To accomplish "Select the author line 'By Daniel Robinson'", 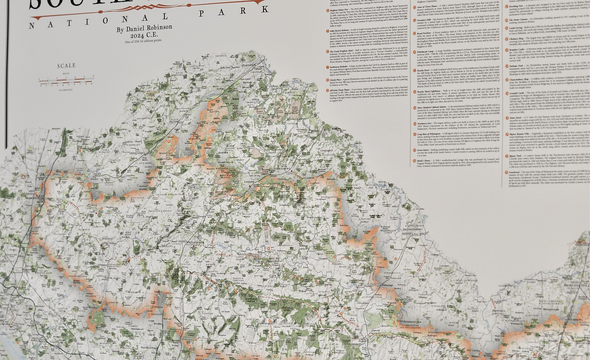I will tap(144, 28).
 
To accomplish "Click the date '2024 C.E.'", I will tap(144, 35).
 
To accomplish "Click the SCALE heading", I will tap(66, 65).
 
